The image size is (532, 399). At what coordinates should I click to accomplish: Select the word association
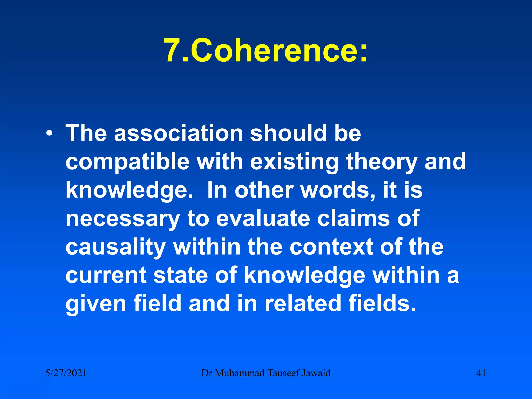tap(178, 133)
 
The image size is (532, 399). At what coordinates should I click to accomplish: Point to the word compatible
tap(128, 162)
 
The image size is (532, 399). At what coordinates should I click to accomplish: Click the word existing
tap(294, 162)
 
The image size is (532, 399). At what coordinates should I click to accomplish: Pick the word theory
tap(381, 162)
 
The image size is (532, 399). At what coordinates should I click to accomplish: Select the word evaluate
tap(263, 218)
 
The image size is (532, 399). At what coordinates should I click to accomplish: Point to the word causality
tap(116, 247)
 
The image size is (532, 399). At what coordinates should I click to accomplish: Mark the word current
tap(106, 275)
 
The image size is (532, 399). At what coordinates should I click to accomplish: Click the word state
tap(181, 275)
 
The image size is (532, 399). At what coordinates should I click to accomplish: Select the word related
tap(303, 303)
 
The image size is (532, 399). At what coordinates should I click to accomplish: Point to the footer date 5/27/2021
tap(66, 373)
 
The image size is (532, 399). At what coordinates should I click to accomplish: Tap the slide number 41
tap(481, 373)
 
